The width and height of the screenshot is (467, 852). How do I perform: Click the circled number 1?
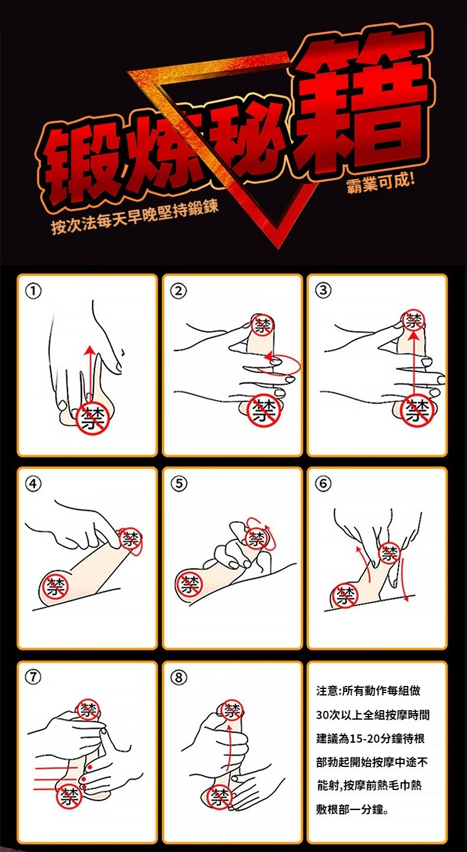[34, 291]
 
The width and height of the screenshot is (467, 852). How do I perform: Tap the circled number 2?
[178, 291]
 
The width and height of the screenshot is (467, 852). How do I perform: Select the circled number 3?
[323, 291]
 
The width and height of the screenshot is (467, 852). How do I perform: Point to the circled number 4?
[34, 484]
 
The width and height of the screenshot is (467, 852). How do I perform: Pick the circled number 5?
[178, 484]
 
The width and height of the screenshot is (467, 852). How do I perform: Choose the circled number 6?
[323, 483]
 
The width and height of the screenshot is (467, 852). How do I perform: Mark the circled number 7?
[34, 677]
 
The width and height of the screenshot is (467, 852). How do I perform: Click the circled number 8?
[178, 678]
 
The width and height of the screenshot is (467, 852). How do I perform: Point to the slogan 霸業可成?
[381, 184]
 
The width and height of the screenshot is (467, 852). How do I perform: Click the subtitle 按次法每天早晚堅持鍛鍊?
[135, 219]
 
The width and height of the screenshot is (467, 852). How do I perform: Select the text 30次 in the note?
[330, 715]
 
